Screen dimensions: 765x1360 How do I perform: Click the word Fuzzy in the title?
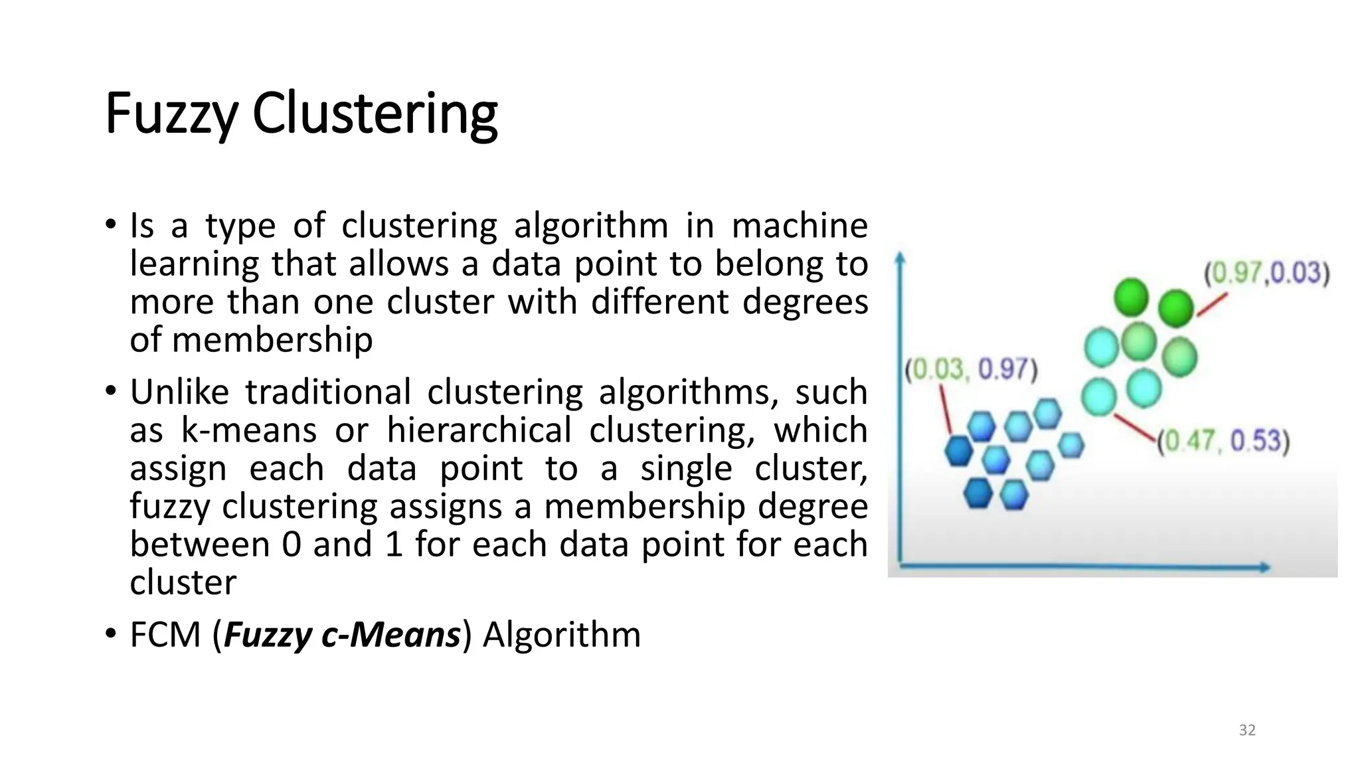tap(171, 114)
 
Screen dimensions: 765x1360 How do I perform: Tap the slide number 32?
tap(1247, 730)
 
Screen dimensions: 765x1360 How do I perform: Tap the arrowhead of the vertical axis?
tap(900, 258)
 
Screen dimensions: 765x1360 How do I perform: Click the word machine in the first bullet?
tap(800, 226)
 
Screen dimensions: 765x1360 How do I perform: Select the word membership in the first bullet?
tap(272, 341)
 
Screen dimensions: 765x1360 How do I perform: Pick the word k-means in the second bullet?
tap(249, 430)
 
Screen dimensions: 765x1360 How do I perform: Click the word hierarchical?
tap(479, 430)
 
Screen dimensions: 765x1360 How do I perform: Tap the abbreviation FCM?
tap(165, 635)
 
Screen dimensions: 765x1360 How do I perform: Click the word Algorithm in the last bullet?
tap(562, 635)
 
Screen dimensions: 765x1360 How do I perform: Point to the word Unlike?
tap(179, 392)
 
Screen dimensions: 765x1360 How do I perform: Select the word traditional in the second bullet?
tap(328, 392)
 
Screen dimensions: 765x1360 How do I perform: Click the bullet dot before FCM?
tap(110, 634)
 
